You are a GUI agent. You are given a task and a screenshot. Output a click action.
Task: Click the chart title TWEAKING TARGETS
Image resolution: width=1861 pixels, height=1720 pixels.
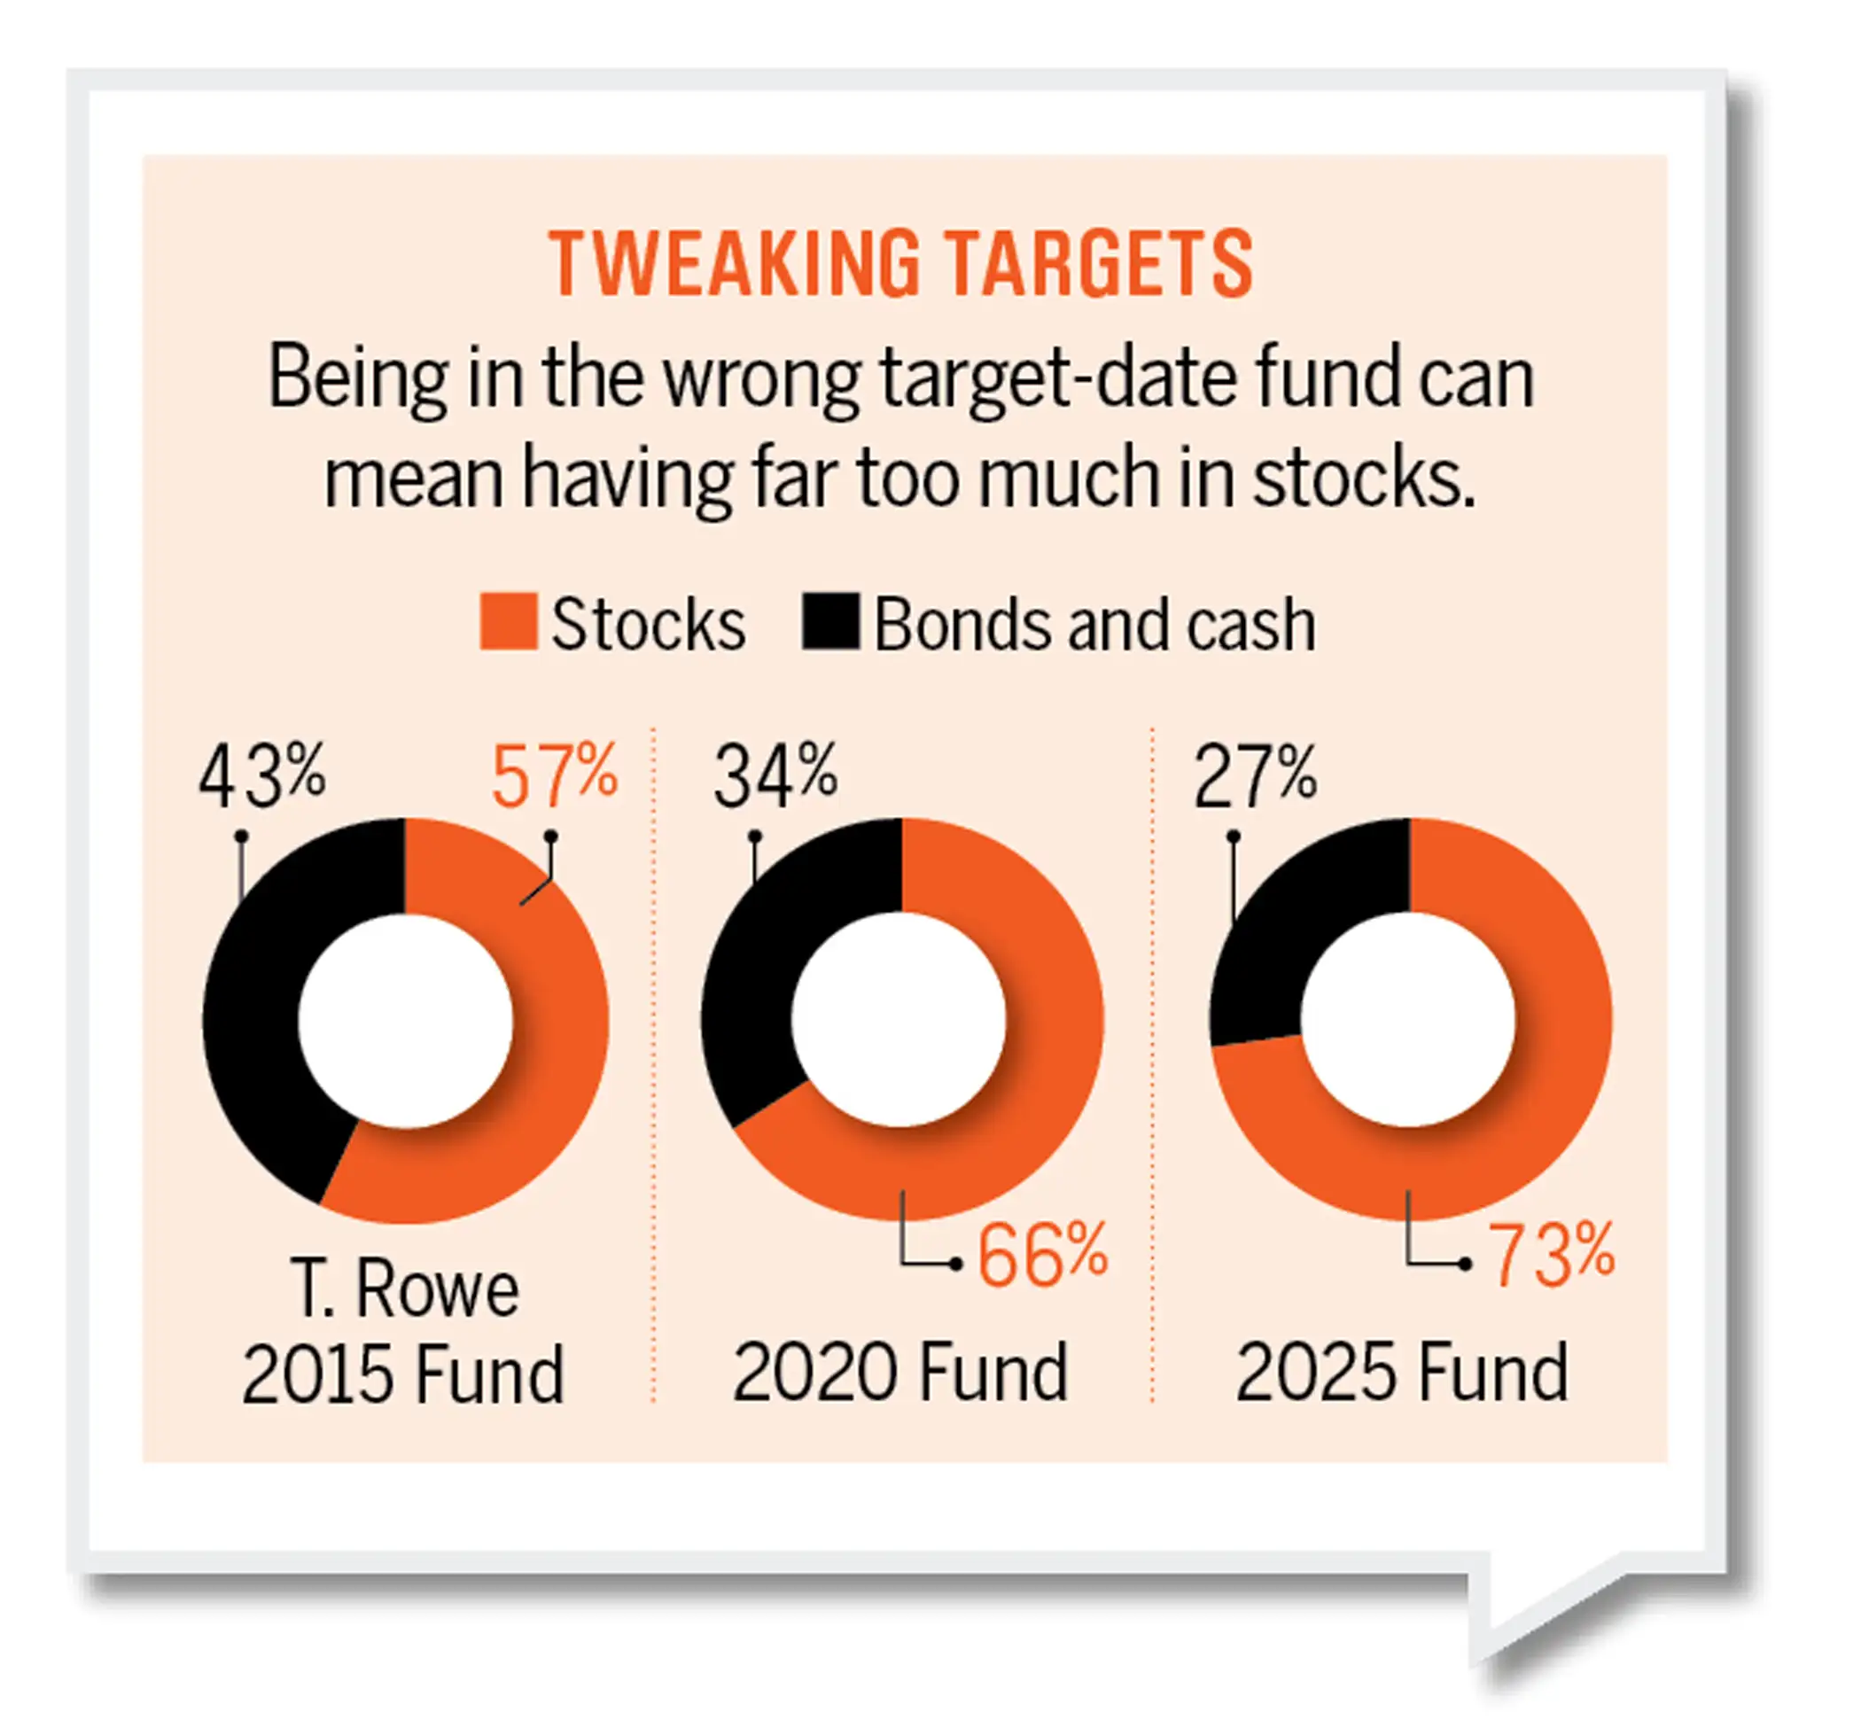point(900,264)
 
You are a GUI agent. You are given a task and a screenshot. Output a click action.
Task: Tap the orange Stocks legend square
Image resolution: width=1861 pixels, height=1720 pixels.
point(509,622)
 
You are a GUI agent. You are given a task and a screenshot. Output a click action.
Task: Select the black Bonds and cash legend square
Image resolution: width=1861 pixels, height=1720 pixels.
point(830,622)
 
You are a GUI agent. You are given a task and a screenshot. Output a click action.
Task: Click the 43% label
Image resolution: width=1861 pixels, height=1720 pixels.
point(262,774)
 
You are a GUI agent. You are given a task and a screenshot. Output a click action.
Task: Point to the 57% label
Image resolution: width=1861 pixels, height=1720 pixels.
point(555,774)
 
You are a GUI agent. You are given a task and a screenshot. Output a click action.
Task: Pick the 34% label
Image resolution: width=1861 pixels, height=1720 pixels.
point(776,774)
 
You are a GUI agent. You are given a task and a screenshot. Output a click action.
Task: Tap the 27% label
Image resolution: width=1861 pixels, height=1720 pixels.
point(1256,774)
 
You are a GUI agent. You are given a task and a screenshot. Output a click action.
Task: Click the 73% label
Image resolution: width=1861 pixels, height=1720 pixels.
point(1551,1255)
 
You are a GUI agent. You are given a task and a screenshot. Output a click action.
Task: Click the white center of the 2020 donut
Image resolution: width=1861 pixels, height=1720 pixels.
point(899,1020)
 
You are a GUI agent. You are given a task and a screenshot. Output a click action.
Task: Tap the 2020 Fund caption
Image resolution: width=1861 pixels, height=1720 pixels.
point(900,1373)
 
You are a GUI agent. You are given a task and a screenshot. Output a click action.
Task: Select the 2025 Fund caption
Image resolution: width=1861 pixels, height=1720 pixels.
point(1402,1373)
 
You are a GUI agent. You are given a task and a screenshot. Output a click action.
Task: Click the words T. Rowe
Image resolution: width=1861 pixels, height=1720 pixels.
point(404,1289)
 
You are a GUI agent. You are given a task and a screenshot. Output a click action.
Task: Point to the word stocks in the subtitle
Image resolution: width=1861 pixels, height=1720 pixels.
point(1363,478)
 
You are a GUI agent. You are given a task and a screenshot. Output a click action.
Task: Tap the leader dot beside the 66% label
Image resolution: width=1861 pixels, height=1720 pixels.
point(956,1264)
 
